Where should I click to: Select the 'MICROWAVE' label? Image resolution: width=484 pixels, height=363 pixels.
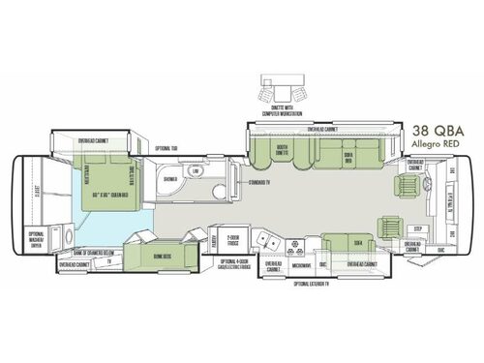coord(301,263)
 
